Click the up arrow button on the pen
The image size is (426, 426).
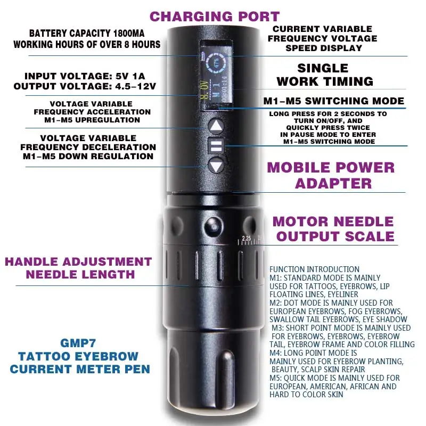216,127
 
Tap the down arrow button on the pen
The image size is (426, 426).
216,166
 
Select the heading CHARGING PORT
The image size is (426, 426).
214,16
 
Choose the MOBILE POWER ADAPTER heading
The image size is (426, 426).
331,175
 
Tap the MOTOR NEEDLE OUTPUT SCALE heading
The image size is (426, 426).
334,228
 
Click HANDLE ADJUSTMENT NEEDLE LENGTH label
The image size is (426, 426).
78,268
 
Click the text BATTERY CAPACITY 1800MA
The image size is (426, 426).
87,33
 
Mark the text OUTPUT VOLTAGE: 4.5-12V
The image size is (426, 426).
87,86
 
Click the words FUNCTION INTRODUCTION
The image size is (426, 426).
314,269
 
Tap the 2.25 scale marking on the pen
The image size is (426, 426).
246,238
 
